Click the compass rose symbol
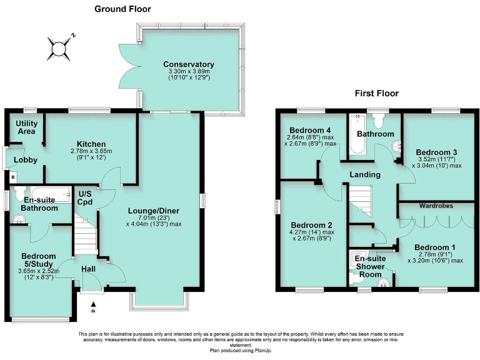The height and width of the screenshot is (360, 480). click(59, 47)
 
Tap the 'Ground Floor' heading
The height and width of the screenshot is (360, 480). click(122, 9)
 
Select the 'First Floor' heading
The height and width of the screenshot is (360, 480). click(376, 94)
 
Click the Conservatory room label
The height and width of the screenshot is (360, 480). click(188, 64)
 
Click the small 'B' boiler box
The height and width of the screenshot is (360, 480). click(13, 177)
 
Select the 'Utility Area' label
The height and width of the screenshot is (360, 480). click(26, 127)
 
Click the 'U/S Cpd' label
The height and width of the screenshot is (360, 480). click(85, 197)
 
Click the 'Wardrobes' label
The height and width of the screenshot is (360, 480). click(436, 205)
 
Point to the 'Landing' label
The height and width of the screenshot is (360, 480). click(365, 174)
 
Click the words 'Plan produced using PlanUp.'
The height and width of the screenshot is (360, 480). click(241, 351)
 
